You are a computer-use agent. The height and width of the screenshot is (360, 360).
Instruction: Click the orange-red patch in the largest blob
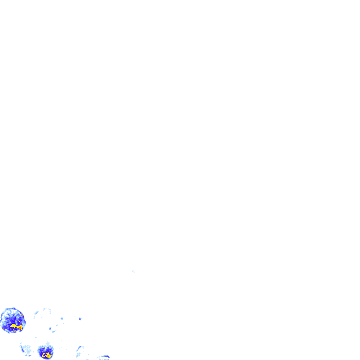pos(20,328)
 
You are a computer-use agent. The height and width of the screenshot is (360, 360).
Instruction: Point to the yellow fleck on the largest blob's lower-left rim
pos(3,329)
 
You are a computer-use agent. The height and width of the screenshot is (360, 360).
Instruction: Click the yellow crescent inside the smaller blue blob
pos(44,355)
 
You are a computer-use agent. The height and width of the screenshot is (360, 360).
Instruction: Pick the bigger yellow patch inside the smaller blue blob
pos(48,355)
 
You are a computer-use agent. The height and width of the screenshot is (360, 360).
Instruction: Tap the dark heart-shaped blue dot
pos(80,319)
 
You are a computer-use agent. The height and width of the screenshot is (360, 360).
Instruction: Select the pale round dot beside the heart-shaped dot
pos(62,319)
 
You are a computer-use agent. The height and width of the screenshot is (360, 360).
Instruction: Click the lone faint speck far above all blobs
pos(133,271)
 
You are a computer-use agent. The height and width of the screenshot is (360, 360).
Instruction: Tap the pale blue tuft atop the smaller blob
pos(47,343)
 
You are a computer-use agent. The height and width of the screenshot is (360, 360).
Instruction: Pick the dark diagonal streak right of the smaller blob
pos(79,349)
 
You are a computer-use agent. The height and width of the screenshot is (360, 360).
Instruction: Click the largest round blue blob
pos(12,320)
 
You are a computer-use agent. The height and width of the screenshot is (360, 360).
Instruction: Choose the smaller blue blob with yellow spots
pos(46,352)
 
